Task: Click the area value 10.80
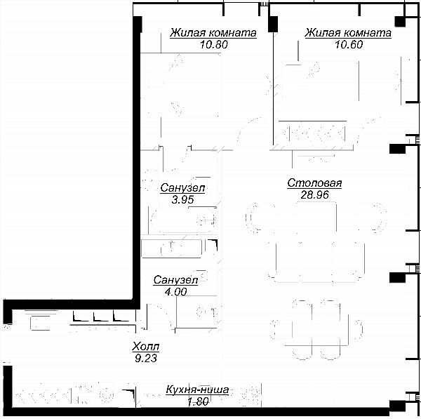214,44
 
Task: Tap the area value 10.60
349,44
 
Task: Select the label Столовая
314,183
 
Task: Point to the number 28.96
314,194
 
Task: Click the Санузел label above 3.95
182,188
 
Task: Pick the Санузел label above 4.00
175,280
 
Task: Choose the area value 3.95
182,199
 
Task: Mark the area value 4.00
176,292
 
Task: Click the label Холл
146,347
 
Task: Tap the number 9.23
146,358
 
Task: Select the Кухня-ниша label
197,390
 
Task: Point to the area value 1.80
198,401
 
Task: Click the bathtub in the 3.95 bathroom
183,221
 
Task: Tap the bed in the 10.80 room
182,85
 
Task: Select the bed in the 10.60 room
320,81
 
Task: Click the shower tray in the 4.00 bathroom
196,312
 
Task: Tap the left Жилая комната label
213,33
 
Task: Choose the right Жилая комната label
348,33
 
